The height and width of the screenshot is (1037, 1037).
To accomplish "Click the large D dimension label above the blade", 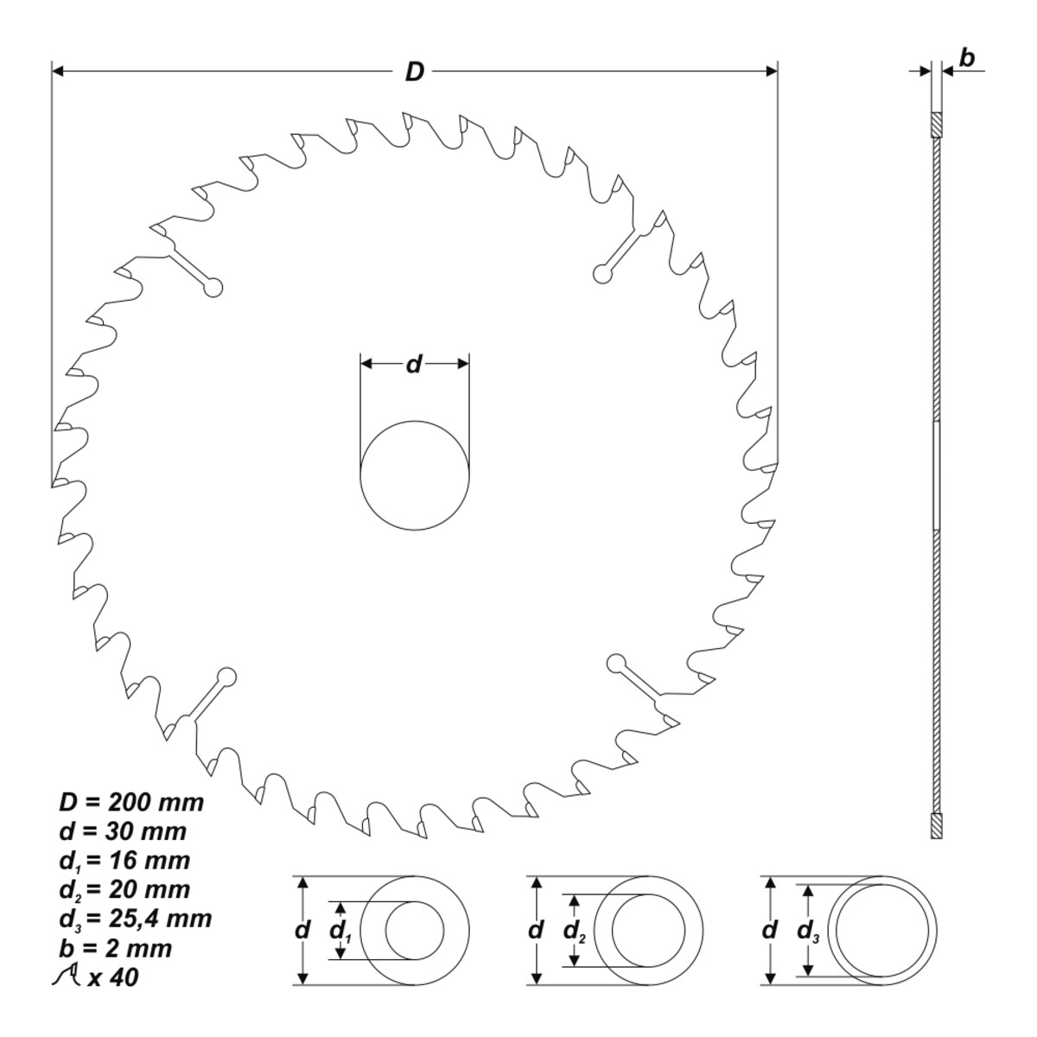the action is pyautogui.click(x=415, y=72).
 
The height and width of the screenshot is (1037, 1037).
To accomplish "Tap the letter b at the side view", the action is pyautogui.click(x=967, y=58).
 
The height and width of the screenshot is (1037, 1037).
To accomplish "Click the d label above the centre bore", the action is pyautogui.click(x=413, y=365).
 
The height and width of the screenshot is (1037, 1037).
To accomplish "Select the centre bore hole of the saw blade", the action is pyautogui.click(x=415, y=475).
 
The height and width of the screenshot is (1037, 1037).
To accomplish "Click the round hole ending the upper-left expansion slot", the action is pyautogui.click(x=213, y=288).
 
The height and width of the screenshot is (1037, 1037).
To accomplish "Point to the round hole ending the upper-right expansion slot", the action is pyautogui.click(x=602, y=273).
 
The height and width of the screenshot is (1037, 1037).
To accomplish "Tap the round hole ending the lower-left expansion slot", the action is pyautogui.click(x=226, y=676).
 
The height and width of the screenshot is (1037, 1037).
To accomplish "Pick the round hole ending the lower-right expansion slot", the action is pyautogui.click(x=616, y=663).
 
